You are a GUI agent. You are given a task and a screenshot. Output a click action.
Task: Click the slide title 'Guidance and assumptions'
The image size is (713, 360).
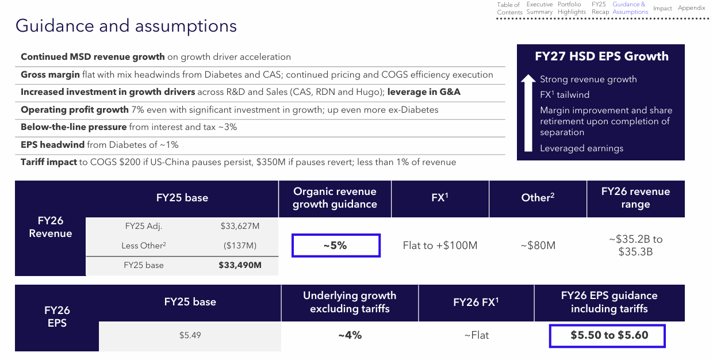click(x=126, y=26)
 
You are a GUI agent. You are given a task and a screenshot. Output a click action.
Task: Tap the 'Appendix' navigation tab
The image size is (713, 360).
click(x=691, y=8)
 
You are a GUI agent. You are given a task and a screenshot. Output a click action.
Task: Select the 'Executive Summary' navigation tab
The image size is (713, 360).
click(x=539, y=8)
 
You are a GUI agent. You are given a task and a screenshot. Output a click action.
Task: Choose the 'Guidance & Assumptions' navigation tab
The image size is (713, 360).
click(x=630, y=8)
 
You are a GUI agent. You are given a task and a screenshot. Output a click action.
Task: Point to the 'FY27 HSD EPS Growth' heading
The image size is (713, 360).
click(x=601, y=56)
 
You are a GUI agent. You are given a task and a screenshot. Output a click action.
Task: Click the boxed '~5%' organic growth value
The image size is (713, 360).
click(x=336, y=246)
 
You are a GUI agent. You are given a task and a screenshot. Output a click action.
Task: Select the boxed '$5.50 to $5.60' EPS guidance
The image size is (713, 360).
click(x=607, y=336)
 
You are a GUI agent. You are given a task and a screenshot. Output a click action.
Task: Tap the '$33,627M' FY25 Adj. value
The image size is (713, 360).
click(x=240, y=227)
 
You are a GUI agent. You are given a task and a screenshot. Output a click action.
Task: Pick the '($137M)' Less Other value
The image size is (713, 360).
click(x=240, y=246)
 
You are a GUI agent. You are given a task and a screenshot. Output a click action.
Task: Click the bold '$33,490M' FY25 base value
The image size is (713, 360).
click(x=240, y=265)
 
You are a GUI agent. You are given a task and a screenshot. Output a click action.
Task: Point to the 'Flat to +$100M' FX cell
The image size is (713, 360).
click(x=440, y=246)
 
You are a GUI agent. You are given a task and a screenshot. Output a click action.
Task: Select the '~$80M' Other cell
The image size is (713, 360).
click(x=538, y=246)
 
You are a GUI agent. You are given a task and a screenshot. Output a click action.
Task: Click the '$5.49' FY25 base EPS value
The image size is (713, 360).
click(x=190, y=335)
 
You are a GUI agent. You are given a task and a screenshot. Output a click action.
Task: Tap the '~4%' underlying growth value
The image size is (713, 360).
click(x=350, y=335)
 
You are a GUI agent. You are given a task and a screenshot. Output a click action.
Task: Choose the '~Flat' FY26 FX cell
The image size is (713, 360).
click(x=477, y=335)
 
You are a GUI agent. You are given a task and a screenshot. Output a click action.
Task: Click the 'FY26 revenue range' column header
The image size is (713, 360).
click(x=635, y=198)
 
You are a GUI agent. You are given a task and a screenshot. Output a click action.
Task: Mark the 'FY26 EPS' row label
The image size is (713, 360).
click(x=57, y=316)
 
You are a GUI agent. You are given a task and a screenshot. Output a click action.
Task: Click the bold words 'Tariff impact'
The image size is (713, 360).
click(x=49, y=162)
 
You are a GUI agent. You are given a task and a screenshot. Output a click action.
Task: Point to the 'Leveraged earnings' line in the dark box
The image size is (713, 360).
click(x=581, y=148)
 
